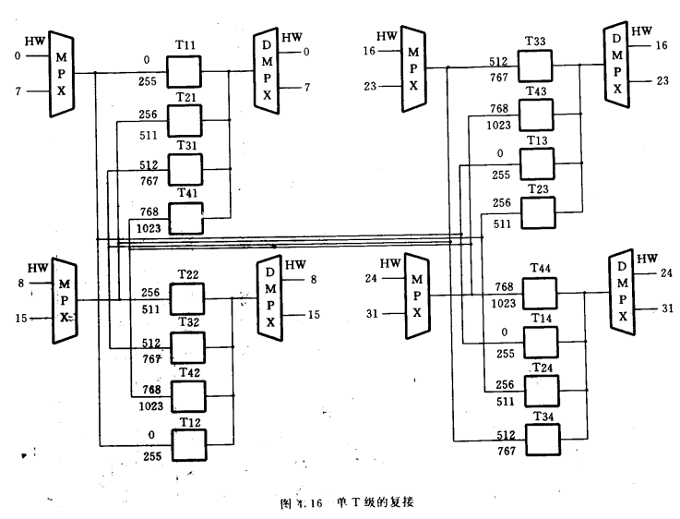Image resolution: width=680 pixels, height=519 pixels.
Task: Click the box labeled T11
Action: (x=185, y=71)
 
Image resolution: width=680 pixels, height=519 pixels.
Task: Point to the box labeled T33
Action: (x=535, y=66)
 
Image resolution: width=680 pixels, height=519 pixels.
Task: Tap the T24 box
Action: (x=541, y=391)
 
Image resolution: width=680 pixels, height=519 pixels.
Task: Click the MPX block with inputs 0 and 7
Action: (x=62, y=73)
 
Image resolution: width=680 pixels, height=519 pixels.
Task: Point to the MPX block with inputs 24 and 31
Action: (x=417, y=296)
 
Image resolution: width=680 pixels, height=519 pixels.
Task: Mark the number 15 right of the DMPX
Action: (x=315, y=315)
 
